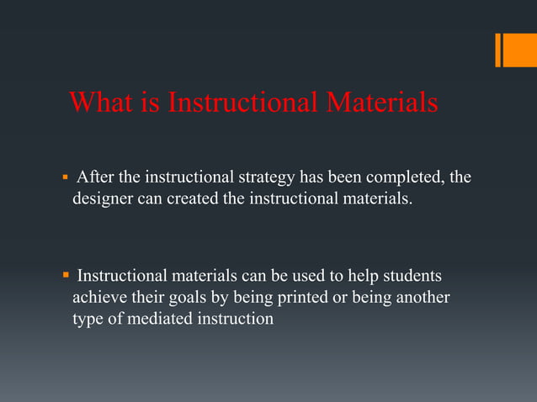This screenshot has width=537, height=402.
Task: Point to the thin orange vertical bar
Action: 497,50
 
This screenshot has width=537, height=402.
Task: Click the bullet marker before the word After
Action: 65,178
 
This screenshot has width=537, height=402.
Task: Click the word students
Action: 412,276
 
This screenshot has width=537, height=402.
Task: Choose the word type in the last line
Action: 88,320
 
